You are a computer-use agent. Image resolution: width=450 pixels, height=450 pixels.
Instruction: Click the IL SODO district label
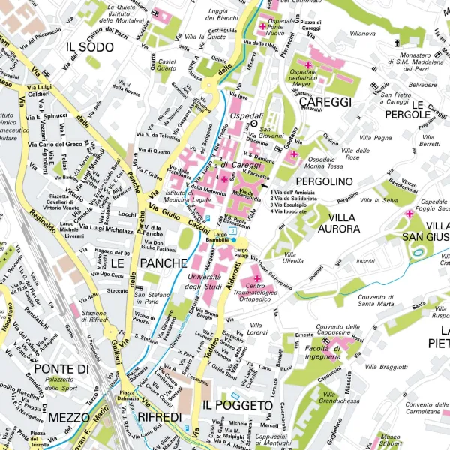coord(90,46)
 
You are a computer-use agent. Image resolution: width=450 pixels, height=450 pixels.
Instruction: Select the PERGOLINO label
coord(324,181)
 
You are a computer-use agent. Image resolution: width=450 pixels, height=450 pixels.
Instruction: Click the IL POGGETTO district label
coord(237,405)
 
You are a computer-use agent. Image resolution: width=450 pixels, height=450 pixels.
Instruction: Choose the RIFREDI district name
coord(159,416)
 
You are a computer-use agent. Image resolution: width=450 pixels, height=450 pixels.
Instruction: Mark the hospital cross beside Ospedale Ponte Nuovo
coord(262,26)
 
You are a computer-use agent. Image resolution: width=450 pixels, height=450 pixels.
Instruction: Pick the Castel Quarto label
coord(166,64)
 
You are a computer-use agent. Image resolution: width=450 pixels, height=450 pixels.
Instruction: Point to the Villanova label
coord(363,34)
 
